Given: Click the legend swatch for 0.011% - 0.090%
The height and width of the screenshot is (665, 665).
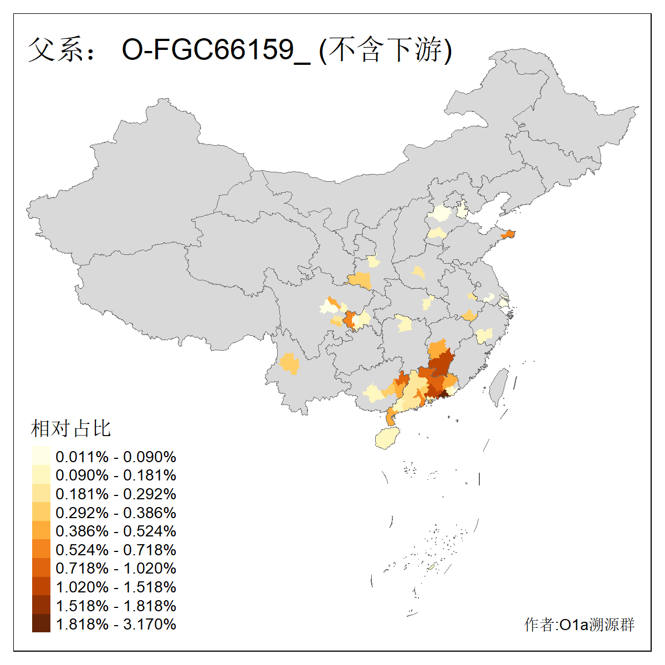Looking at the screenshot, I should pyautogui.click(x=41, y=457).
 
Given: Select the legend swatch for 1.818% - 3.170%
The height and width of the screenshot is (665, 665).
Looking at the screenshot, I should pyautogui.click(x=41, y=624).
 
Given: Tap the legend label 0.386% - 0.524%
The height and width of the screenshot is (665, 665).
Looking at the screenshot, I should pyautogui.click(x=116, y=531).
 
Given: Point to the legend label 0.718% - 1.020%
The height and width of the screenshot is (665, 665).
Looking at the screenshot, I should pyautogui.click(x=116, y=568).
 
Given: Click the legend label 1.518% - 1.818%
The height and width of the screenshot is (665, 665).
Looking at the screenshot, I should pyautogui.click(x=116, y=606).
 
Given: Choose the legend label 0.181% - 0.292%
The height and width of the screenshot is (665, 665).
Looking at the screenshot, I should pyautogui.click(x=116, y=494).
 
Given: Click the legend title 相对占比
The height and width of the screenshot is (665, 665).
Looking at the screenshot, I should pyautogui.click(x=71, y=428).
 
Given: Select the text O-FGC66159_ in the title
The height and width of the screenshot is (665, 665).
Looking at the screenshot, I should pyautogui.click(x=216, y=50).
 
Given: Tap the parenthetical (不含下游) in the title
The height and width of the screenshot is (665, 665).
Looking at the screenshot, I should pyautogui.click(x=386, y=50).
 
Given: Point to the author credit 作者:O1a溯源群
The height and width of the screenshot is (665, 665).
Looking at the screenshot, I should pyautogui.click(x=579, y=625).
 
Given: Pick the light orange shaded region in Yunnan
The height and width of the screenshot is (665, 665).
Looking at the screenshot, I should pyautogui.click(x=289, y=364).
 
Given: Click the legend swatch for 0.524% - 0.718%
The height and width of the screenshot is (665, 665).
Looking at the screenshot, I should pyautogui.click(x=41, y=550).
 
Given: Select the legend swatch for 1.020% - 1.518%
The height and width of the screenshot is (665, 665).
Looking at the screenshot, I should pyautogui.click(x=41, y=587).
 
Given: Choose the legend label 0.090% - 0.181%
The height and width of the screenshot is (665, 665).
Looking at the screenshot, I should pyautogui.click(x=116, y=475).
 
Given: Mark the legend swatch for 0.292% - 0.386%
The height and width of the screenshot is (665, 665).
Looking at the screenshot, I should pyautogui.click(x=41, y=513).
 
